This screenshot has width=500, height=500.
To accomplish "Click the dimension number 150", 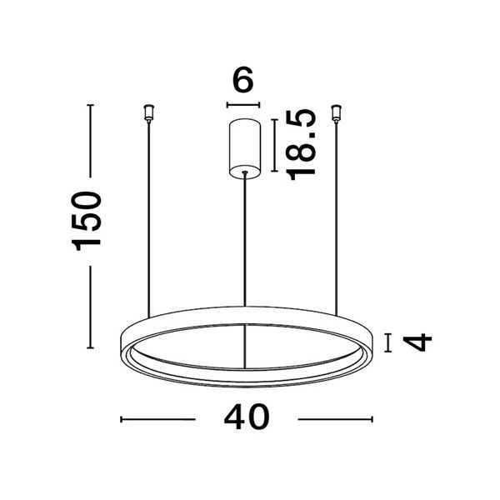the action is [x=86, y=221].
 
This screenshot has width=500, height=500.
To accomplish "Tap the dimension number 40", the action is [x=247, y=417].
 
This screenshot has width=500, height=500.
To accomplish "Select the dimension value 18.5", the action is [x=301, y=145].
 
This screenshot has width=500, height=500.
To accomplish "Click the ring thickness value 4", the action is [x=417, y=342].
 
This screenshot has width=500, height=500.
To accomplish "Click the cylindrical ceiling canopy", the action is [x=244, y=148].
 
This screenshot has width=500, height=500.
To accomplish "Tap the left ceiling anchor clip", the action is [x=148, y=112].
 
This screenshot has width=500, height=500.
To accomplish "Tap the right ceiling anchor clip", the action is [x=336, y=112].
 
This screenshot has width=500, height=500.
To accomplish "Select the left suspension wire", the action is [x=148, y=219].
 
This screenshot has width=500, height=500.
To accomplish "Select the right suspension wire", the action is [x=336, y=218].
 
